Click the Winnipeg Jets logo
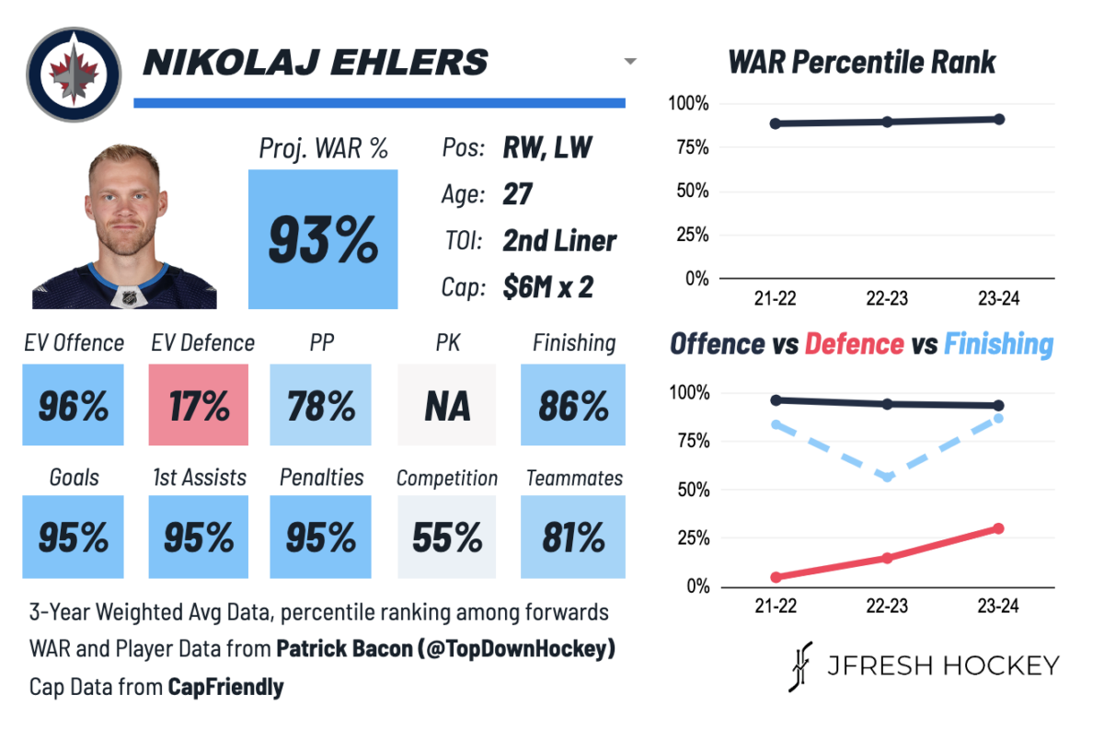[74, 74]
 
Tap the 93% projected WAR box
[323, 239]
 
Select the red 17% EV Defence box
[198, 405]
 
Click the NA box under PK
[446, 405]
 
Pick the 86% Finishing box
[572, 405]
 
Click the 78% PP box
[320, 405]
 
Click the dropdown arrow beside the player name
[630, 62]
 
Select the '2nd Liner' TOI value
[559, 241]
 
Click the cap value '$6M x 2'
[547, 288]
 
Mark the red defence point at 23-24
[998, 528]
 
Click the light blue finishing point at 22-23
[888, 477]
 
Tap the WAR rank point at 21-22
[776, 123]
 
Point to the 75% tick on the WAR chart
[691, 148]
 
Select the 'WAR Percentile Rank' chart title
[862, 63]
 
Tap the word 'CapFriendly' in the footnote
[225, 688]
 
